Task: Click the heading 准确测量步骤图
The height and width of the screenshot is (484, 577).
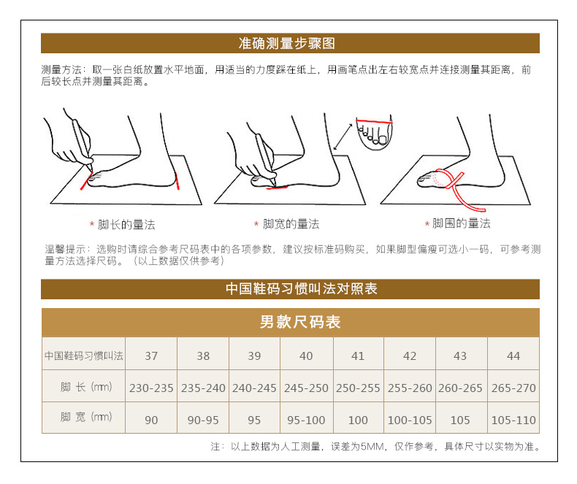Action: [x=286, y=43]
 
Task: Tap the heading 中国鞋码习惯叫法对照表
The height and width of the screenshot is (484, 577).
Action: [x=302, y=288]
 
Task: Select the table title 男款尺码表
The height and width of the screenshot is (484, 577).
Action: [x=300, y=322]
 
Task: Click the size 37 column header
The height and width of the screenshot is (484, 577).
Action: [x=151, y=356]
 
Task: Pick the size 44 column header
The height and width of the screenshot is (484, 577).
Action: [x=513, y=356]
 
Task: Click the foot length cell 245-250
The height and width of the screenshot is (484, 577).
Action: [x=306, y=388]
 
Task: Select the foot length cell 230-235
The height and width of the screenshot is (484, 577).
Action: [x=151, y=388]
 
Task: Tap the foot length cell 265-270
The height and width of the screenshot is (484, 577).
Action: [x=513, y=388]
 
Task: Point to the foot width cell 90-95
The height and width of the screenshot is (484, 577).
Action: [x=203, y=420]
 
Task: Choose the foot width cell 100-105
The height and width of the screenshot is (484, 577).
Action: [x=410, y=420]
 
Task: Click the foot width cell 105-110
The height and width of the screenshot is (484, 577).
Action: [x=513, y=420]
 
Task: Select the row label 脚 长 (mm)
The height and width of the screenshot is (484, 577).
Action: [x=86, y=387]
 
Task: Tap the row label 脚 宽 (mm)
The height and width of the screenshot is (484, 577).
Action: [x=86, y=417]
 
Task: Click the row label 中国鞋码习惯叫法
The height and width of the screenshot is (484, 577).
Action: [x=84, y=356]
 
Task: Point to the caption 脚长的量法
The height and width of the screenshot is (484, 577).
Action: [x=126, y=224]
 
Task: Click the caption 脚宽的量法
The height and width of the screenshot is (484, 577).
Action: [x=291, y=223]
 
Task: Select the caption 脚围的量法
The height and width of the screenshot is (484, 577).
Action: [x=461, y=223]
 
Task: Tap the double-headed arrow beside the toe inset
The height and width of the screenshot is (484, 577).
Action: [x=343, y=137]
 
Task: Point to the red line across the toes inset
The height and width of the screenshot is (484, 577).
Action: [x=374, y=121]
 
